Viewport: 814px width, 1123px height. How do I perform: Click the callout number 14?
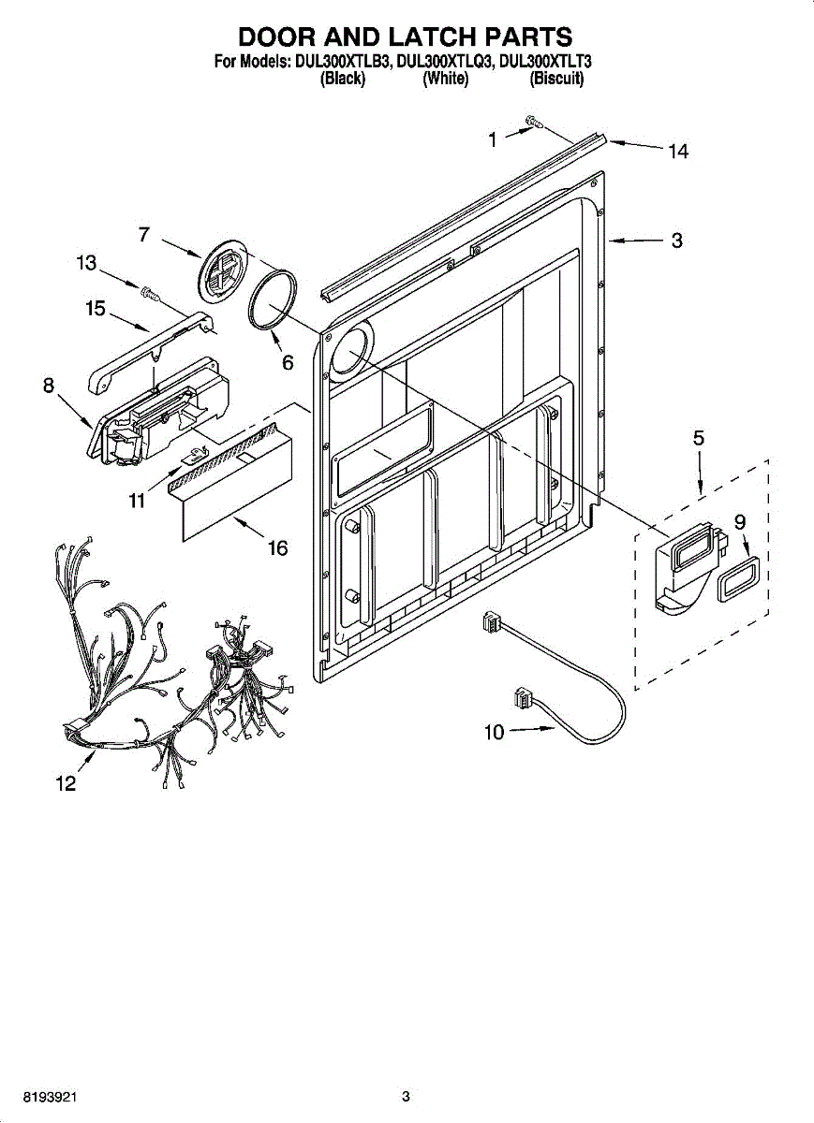tap(678, 151)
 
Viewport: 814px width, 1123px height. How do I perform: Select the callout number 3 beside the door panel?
tap(676, 241)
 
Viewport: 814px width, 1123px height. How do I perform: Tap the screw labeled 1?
tap(534, 121)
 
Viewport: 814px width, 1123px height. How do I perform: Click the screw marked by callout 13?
tap(147, 294)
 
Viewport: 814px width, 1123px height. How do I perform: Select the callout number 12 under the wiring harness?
tap(65, 785)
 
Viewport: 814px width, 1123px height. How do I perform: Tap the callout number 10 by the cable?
tap(494, 732)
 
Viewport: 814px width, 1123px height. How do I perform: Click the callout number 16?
tap(277, 548)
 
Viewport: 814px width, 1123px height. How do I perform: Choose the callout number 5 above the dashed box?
tap(699, 437)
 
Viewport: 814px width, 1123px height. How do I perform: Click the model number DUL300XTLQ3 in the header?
tap(445, 63)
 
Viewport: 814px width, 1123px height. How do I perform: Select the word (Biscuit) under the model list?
tap(557, 80)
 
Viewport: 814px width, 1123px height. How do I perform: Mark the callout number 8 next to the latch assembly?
tap(48, 385)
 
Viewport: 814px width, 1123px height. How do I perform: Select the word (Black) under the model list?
tap(342, 80)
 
